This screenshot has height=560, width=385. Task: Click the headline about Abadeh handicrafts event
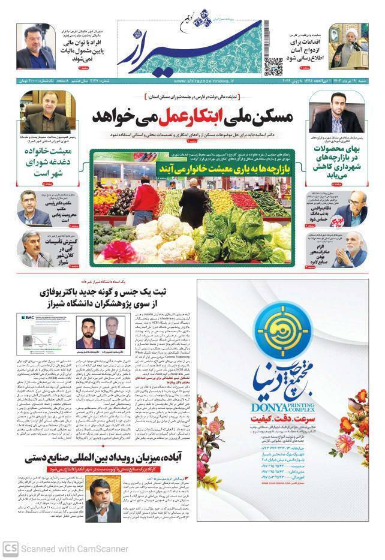110,460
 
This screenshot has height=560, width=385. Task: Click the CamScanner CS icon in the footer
10,548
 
